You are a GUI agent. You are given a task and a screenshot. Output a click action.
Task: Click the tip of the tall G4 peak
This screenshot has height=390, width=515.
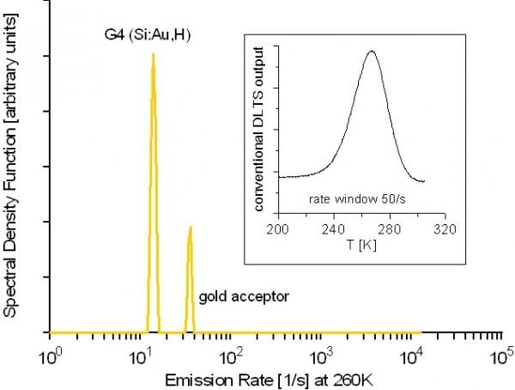[x=153, y=55]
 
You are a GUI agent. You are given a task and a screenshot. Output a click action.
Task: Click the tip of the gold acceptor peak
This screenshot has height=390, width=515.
[x=190, y=228]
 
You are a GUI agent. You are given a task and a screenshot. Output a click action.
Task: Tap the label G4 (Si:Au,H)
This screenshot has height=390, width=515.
[x=153, y=36]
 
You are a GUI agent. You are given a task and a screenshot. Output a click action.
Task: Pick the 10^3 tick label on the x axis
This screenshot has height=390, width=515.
[x=322, y=352]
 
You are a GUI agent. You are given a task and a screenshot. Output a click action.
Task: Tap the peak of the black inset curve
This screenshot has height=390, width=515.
[x=372, y=51]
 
